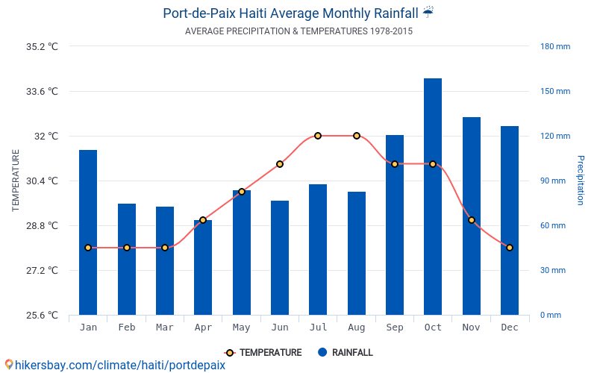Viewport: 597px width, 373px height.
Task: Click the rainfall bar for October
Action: tap(433, 197)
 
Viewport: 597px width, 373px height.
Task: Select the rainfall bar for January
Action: tap(88, 233)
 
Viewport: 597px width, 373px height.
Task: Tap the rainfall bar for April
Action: tap(203, 268)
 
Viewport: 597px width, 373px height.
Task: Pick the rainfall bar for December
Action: tap(510, 221)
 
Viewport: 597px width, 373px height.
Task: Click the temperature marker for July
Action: tap(318, 136)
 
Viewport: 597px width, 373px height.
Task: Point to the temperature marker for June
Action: tap(280, 164)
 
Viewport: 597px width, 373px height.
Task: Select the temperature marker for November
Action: tap(472, 220)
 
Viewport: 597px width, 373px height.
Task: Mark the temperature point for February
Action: tap(127, 248)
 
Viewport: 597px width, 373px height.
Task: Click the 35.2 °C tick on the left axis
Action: tap(42, 46)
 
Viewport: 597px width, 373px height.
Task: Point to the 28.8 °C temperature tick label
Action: tap(42, 225)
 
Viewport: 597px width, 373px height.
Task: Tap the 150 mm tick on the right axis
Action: tap(555, 91)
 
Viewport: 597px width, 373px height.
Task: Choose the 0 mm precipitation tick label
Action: tap(551, 315)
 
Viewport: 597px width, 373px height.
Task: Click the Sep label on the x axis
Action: tap(395, 327)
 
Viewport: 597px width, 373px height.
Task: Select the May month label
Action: tap(241, 327)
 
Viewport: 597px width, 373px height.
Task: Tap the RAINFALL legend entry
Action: tap(345, 353)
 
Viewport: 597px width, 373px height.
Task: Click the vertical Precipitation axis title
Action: tap(581, 181)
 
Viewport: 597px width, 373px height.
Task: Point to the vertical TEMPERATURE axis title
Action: tap(16, 181)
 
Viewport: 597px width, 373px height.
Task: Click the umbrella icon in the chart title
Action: tap(428, 13)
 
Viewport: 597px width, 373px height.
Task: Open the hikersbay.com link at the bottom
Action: tap(115, 366)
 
